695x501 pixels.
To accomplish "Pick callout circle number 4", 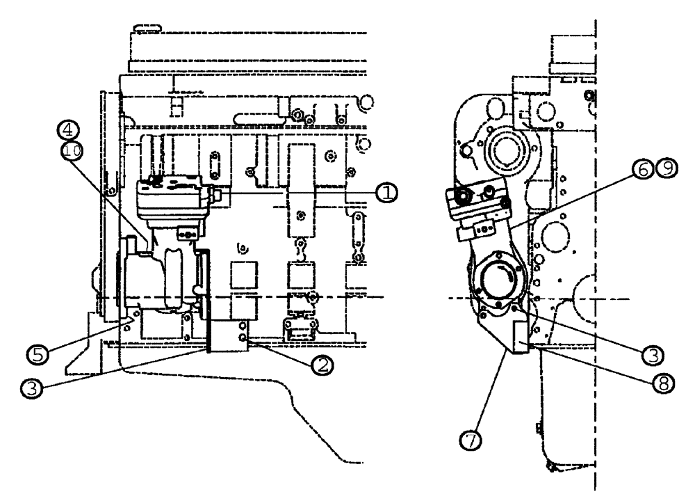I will (x=69, y=130).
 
